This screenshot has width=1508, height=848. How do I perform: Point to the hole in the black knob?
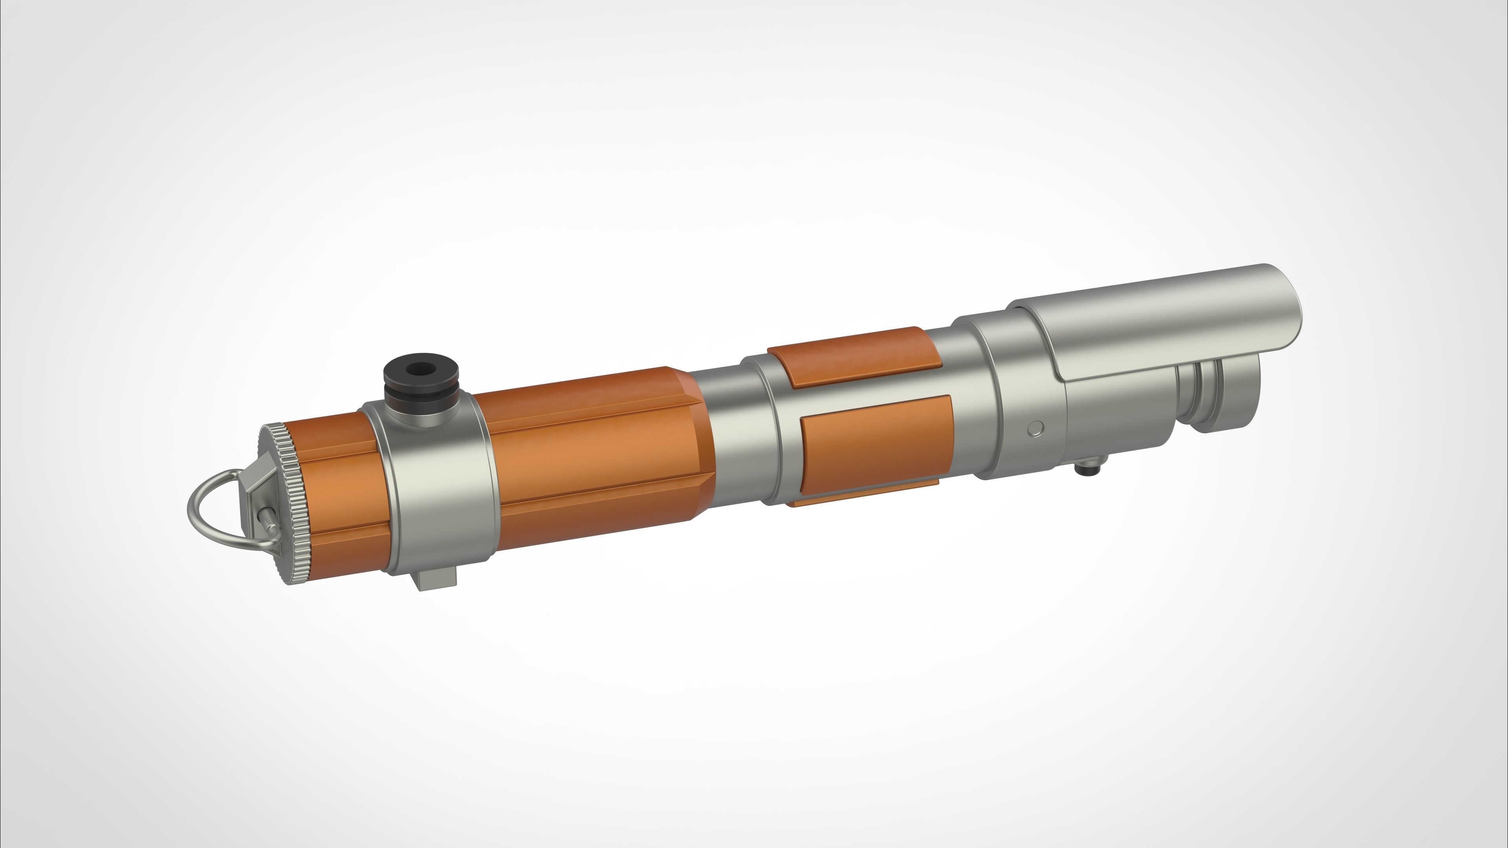419,369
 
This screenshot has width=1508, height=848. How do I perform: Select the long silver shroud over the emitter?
1159,328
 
